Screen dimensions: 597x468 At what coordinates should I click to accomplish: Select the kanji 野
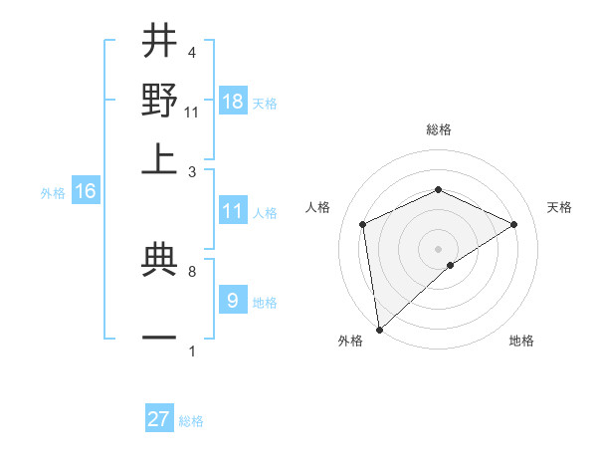pos(159,100)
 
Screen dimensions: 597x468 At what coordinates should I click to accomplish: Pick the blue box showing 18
pos(233,102)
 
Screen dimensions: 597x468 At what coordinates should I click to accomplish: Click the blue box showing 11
pos(233,211)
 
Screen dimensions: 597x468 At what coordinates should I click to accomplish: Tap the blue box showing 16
pos(86,192)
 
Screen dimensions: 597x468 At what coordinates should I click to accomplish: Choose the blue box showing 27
pos(159,419)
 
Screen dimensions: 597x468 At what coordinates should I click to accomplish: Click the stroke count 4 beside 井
pos(191,52)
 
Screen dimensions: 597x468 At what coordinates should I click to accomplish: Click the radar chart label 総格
pos(439,129)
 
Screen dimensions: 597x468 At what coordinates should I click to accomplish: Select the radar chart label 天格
pos(559,207)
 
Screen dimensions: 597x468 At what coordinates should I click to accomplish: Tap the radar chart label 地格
pos(521,341)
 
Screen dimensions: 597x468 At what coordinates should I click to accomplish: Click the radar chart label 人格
pos(318,207)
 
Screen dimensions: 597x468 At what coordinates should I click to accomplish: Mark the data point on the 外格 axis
pos(379,330)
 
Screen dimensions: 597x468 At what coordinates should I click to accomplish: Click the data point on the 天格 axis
pos(514,224)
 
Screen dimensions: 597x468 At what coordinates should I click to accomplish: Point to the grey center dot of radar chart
pos(439,248)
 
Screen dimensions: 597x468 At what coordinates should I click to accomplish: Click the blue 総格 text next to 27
pos(191,421)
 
